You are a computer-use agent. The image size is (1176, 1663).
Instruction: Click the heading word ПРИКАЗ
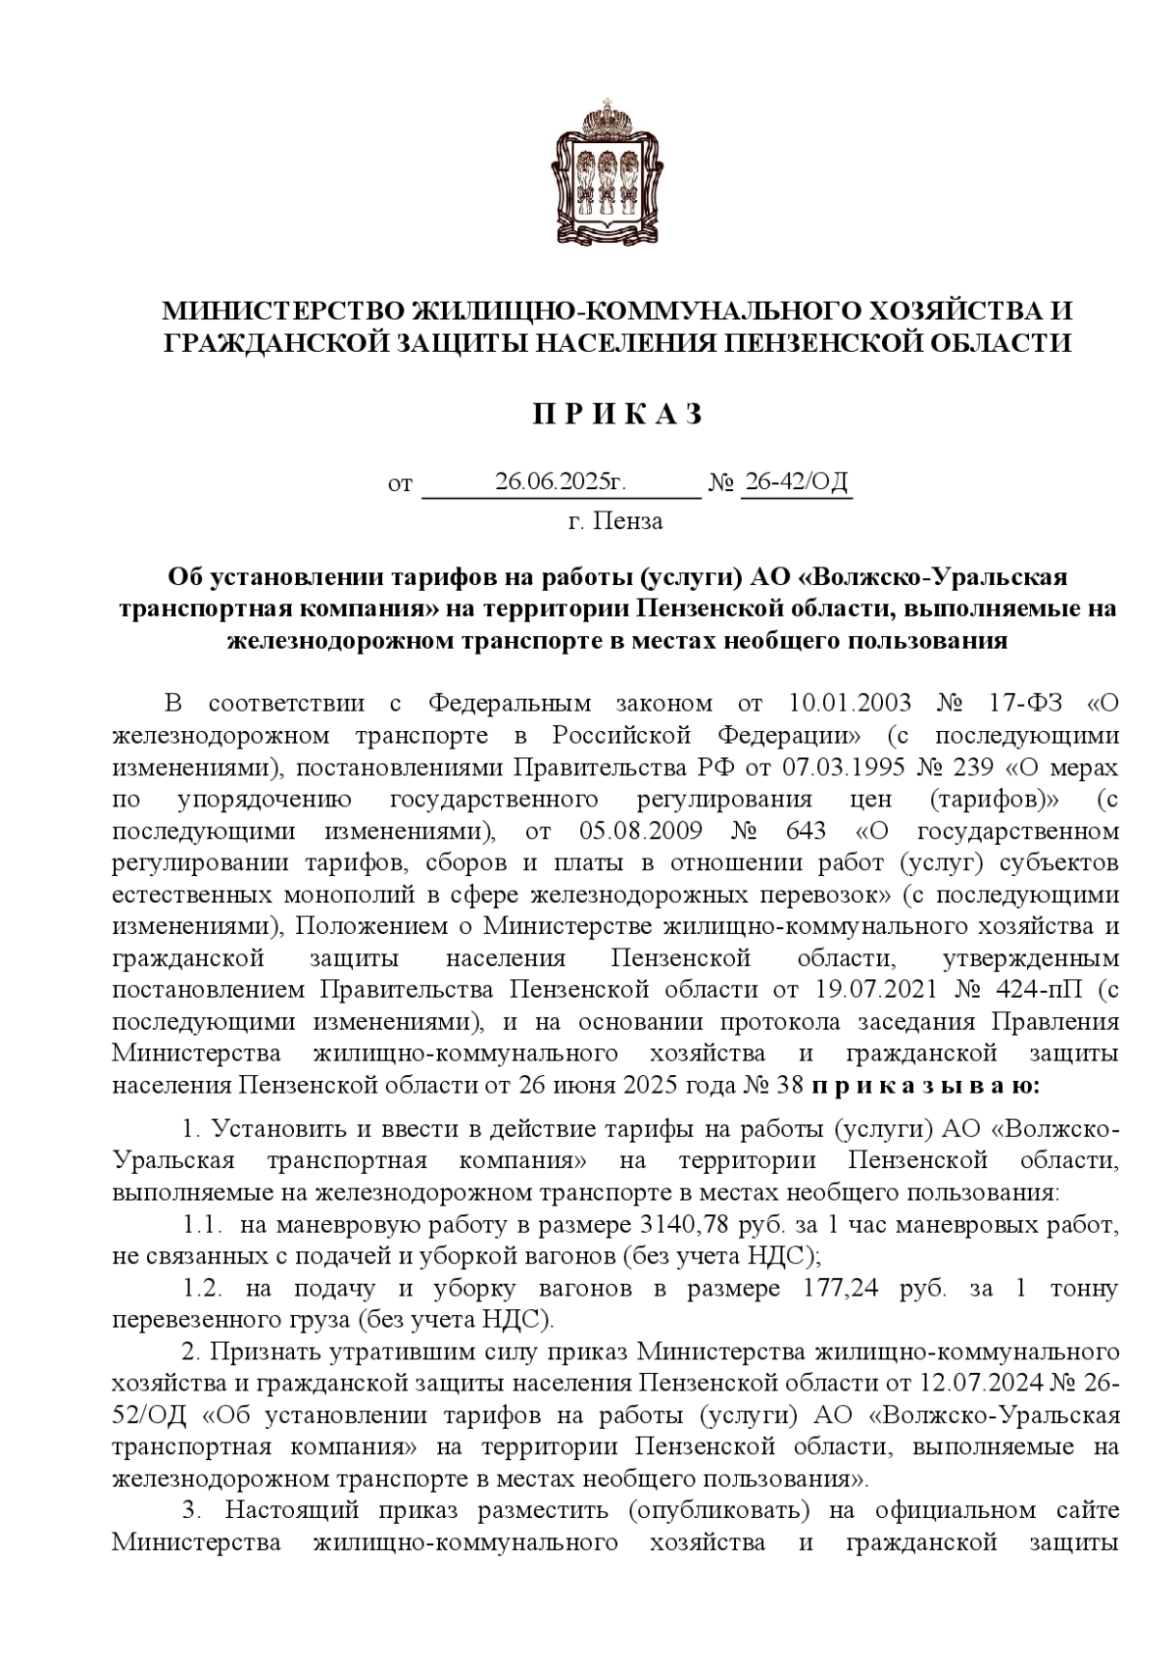(x=617, y=415)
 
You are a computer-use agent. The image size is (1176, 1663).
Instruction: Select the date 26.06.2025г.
(x=560, y=482)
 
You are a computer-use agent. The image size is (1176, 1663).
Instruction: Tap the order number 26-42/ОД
(x=797, y=482)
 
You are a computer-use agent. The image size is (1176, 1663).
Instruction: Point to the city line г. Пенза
(x=615, y=521)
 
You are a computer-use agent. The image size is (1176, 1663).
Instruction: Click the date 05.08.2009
(x=641, y=832)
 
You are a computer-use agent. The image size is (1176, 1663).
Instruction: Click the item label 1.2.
(x=204, y=1289)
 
